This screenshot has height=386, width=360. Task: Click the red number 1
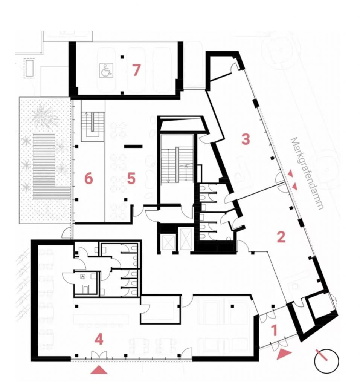[275, 330]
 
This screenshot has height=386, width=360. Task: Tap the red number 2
[281, 237]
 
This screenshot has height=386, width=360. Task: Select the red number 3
[246, 139]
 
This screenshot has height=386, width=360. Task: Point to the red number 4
[99, 340]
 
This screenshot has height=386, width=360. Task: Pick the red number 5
[131, 178]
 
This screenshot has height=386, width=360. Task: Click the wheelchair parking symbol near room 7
[106, 70]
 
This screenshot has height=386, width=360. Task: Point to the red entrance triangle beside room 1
[284, 354]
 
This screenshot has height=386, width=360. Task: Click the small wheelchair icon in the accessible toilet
[82, 277]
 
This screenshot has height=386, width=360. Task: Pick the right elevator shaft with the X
[186, 238]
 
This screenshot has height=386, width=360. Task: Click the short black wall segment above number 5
[133, 146]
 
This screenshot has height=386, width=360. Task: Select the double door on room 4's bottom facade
[99, 355]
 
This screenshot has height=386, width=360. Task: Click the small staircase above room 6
[93, 127]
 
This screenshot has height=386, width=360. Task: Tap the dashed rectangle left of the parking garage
[29, 69]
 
